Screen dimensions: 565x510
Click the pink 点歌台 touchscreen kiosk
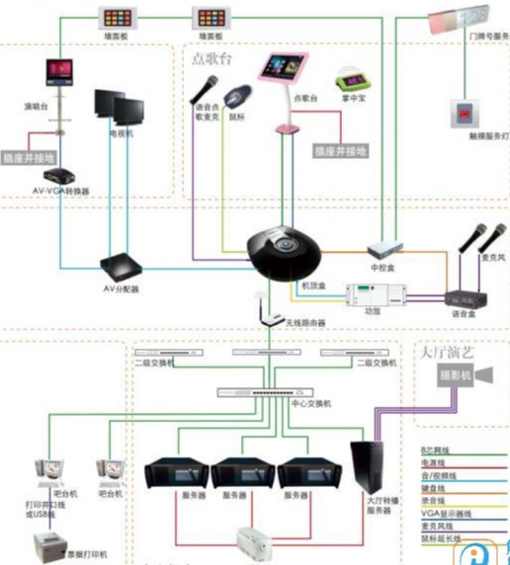click(282, 74)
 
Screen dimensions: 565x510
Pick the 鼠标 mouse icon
click(236, 100)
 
